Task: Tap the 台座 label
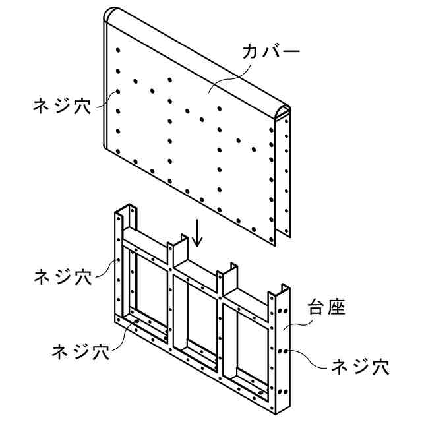(326, 308)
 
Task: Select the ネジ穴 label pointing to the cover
(63, 105)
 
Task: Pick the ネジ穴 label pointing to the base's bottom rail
(80, 351)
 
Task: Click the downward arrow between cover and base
(196, 235)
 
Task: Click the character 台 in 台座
(316, 308)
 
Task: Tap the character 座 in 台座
(337, 308)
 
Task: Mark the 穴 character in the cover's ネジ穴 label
(82, 105)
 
